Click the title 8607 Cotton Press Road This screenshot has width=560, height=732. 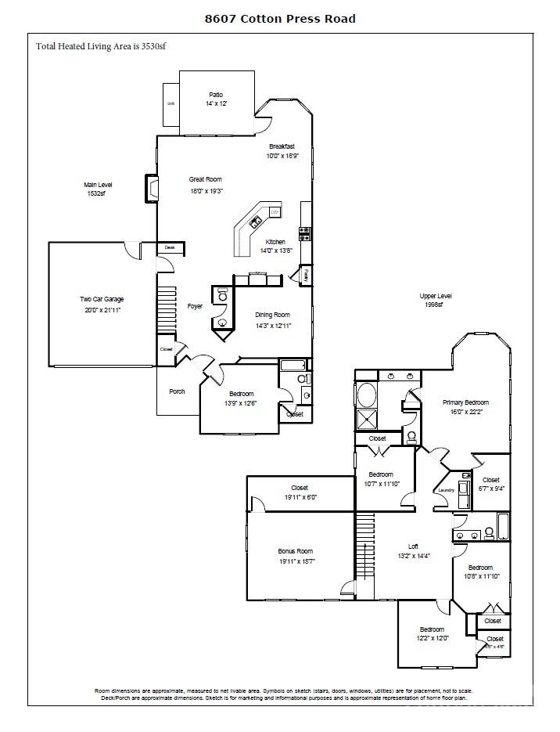279,18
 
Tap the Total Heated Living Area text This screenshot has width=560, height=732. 100,46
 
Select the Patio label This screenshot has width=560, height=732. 216,95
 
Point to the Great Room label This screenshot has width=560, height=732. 206,179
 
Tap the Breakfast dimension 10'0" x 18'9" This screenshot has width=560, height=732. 282,157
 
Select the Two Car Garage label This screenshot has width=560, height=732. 102,299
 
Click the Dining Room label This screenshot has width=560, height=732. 272,315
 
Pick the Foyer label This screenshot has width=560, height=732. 195,306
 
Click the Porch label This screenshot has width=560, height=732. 178,391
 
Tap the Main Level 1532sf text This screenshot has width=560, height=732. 99,189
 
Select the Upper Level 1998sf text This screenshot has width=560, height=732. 436,300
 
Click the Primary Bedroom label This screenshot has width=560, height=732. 465,402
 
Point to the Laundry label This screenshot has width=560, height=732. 447,490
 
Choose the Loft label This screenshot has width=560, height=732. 413,546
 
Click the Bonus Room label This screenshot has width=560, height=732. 295,551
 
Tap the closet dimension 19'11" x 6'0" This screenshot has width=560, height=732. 299,497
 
